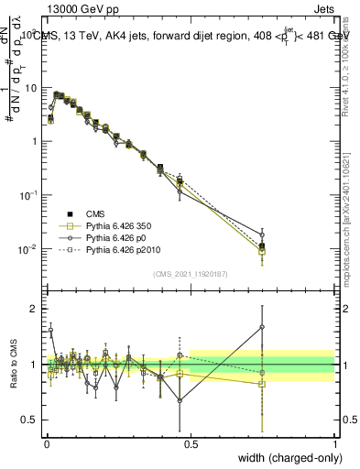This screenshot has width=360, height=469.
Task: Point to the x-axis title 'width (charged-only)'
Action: pyautogui.click(x=284, y=458)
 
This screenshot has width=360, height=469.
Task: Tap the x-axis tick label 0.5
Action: pyautogui.click(x=191, y=443)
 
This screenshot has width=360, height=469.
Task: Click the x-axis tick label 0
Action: pyautogui.click(x=46, y=443)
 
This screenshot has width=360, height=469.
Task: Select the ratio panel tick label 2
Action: pyautogui.click(x=35, y=309)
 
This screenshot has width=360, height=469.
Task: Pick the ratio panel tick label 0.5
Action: pyautogui.click(x=31, y=422)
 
